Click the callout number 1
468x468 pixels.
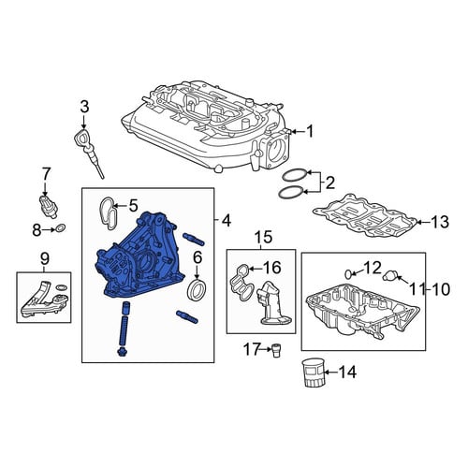[x=309, y=132]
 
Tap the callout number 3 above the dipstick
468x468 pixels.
[x=84, y=107]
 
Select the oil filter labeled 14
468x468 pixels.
[x=313, y=373]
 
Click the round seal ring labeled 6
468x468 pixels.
[x=196, y=289]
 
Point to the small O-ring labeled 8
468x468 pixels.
[x=62, y=228]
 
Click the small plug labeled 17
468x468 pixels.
[x=275, y=351]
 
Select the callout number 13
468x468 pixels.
[x=439, y=222]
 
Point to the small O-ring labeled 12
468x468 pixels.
[x=349, y=274]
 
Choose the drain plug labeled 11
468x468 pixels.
[x=390, y=274]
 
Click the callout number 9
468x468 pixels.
[x=44, y=258]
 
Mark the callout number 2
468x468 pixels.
[x=329, y=183]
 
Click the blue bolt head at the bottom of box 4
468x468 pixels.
[x=122, y=353]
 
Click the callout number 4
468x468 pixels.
[x=226, y=221]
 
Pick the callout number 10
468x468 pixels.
[x=440, y=289]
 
